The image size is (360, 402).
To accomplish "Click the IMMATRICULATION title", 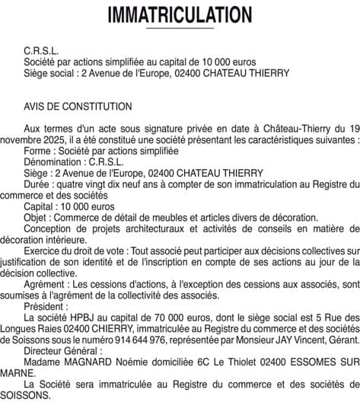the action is coord(180,14).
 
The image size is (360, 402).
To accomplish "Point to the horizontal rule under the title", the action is coord(180,28).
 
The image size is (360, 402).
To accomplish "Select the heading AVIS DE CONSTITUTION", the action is coord(78,107).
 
